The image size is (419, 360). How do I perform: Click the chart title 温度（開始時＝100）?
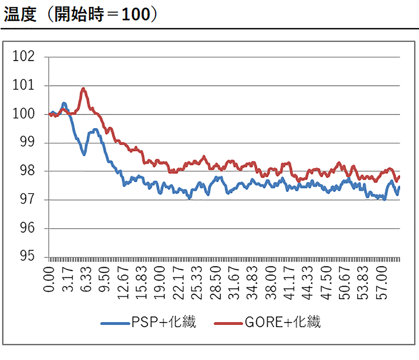pos(81,14)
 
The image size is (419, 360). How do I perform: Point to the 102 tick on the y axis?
pos(24,56)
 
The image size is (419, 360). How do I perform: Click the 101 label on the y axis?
pos(24,85)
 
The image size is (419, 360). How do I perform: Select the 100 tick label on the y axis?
pos(24,114)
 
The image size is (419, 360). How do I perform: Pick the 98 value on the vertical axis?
pos(27,171)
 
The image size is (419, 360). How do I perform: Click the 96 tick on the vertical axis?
pos(27,228)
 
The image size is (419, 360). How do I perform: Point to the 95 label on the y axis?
pos(27,256)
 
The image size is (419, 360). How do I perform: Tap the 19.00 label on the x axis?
pos(160,282)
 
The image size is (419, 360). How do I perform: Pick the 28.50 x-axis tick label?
pos(215,282)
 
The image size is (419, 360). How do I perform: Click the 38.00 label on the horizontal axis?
pos(271,282)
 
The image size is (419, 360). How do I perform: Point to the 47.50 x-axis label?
pos(326,282)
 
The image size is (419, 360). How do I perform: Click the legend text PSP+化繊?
pos(164,322)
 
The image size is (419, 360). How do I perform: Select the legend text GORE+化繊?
pos(282,322)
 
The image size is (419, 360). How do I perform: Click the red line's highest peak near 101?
pos(83,88)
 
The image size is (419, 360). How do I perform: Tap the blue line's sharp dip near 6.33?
pos(84,154)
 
